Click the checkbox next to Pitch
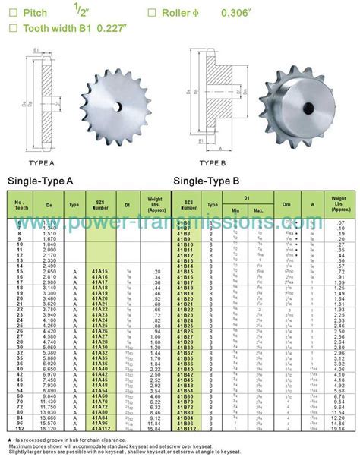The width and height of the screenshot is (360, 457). (11, 13)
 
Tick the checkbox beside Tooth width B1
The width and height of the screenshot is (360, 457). (11, 29)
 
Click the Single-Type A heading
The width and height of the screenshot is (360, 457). (40, 181)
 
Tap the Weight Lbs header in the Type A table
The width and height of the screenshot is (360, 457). (156, 205)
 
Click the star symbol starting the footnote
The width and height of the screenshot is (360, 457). (8, 438)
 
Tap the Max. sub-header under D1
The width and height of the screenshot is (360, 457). (258, 210)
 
